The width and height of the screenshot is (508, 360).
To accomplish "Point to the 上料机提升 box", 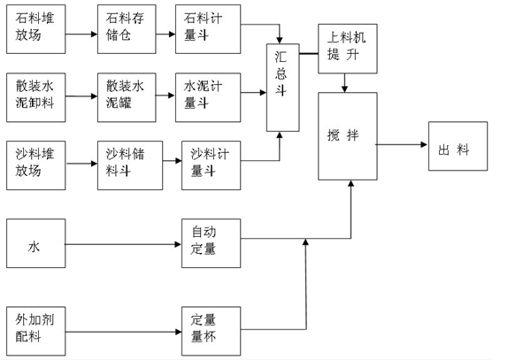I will click(x=347, y=50).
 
